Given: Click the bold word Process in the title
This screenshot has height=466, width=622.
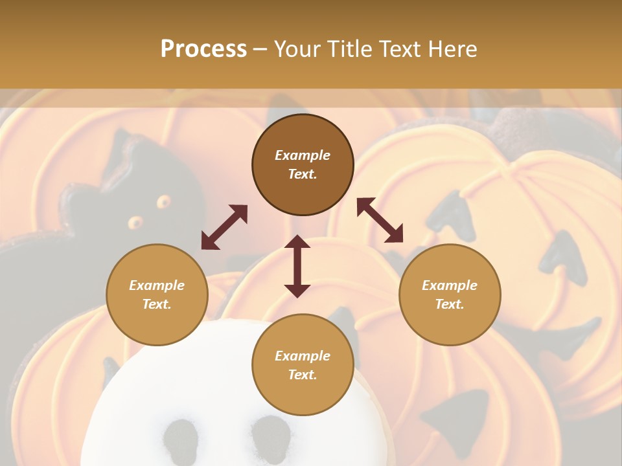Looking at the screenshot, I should point(203,49).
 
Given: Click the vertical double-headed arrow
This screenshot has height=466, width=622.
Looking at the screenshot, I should point(297,266).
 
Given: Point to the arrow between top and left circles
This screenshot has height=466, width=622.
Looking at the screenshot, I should point(224,227).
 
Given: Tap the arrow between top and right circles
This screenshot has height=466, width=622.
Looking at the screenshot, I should point(380,220).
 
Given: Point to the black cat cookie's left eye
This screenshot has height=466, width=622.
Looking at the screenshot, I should point(135,223).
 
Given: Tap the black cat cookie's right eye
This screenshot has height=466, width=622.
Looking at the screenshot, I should point(162,201).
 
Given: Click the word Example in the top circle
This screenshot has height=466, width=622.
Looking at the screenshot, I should point(303,155).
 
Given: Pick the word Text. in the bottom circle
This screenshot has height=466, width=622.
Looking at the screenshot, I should point(303,375).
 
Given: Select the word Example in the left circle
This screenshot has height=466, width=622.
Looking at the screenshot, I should point(157,285).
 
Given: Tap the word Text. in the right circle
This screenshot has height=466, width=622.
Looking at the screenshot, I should point(450,304).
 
